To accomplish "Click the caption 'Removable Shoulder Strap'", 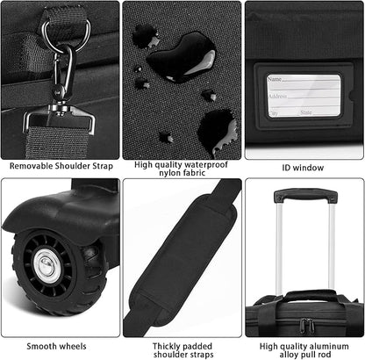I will tap(59, 166).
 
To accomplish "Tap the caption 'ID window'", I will tap(304, 166).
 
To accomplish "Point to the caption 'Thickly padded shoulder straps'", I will tap(182, 350).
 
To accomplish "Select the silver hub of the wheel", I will tap(48, 267).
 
